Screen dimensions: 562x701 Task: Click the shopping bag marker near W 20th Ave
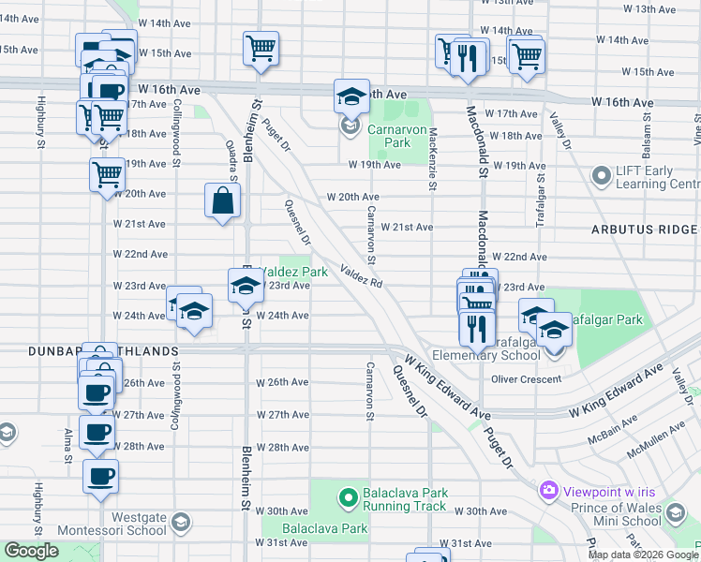[x=223, y=200]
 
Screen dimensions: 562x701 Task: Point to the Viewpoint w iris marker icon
[x=549, y=490]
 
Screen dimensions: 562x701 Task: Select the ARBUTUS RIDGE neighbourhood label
[x=645, y=229]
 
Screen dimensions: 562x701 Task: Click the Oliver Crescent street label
[x=526, y=379]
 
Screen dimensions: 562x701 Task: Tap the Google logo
[x=32, y=551]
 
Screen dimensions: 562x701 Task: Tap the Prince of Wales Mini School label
[x=629, y=515]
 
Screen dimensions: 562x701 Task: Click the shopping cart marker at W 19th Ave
[x=107, y=173]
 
